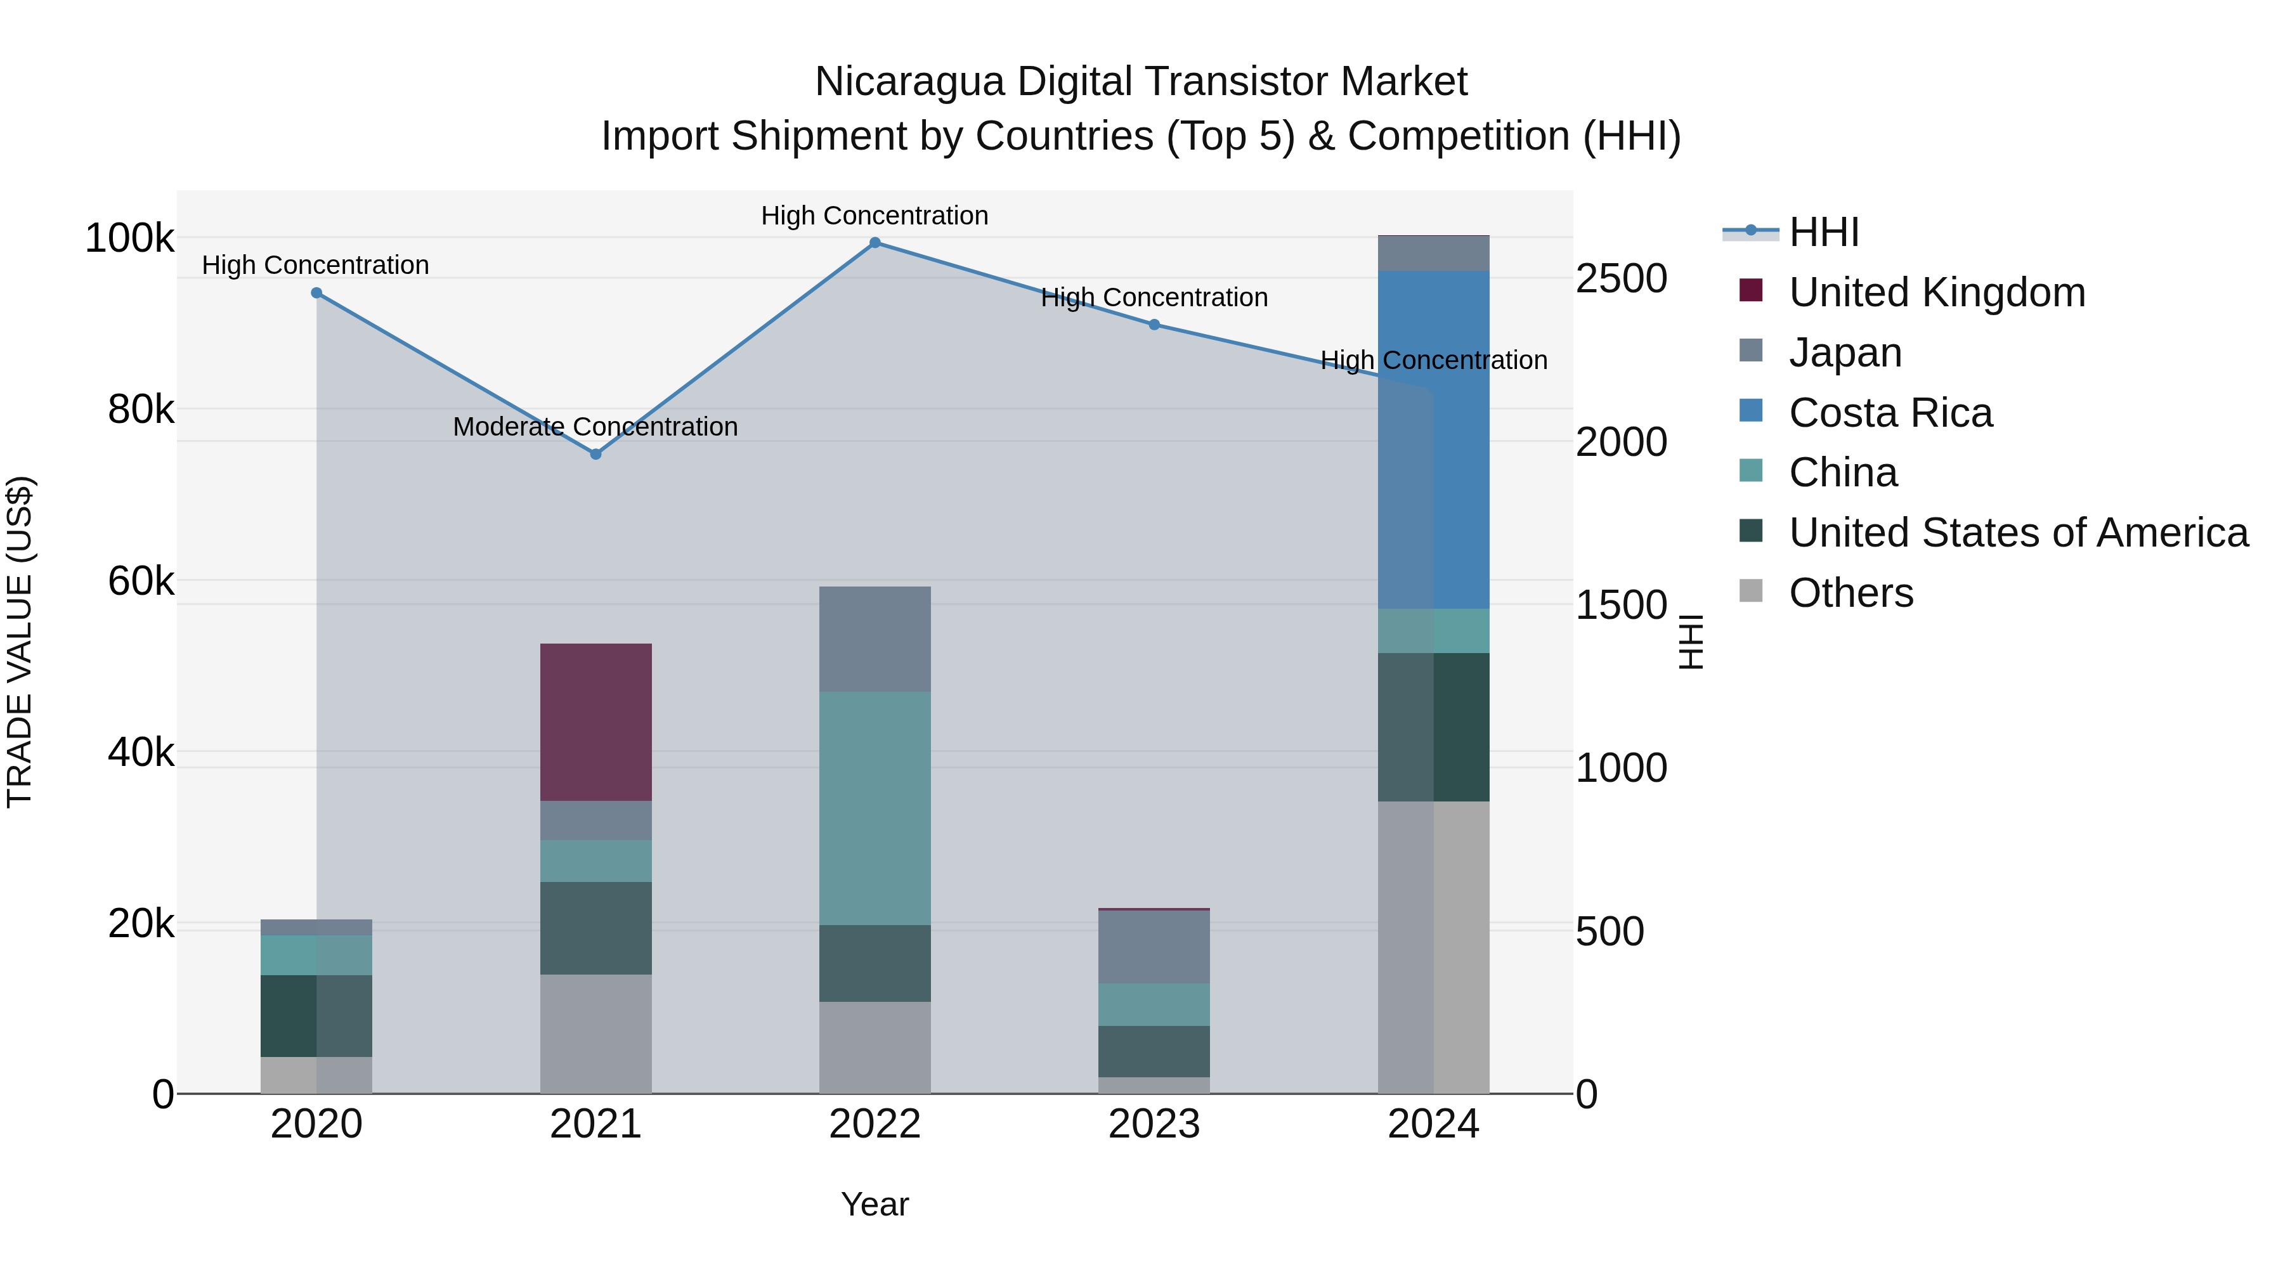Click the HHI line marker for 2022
pyautogui.click(x=875, y=243)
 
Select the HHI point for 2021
pyautogui.click(x=595, y=454)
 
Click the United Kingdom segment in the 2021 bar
pyautogui.click(x=595, y=722)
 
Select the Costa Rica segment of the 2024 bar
pyautogui.click(x=1434, y=439)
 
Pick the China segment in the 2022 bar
pyautogui.click(x=875, y=808)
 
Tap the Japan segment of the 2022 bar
pyautogui.click(x=875, y=639)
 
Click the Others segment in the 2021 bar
pyautogui.click(x=595, y=1034)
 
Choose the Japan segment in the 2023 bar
pyautogui.click(x=1154, y=947)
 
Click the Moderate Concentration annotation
pyautogui.click(x=595, y=427)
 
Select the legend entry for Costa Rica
pyautogui.click(x=1890, y=413)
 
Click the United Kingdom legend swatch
pyautogui.click(x=1751, y=290)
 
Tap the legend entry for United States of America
pyautogui.click(x=2018, y=533)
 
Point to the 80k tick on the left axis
pyautogui.click(x=141, y=410)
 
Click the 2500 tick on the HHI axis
pyautogui.click(x=1621, y=278)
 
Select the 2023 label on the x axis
pyautogui.click(x=1154, y=1124)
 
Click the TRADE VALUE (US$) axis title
pyautogui.click(x=20, y=642)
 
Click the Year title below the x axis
pyautogui.click(x=875, y=1204)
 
